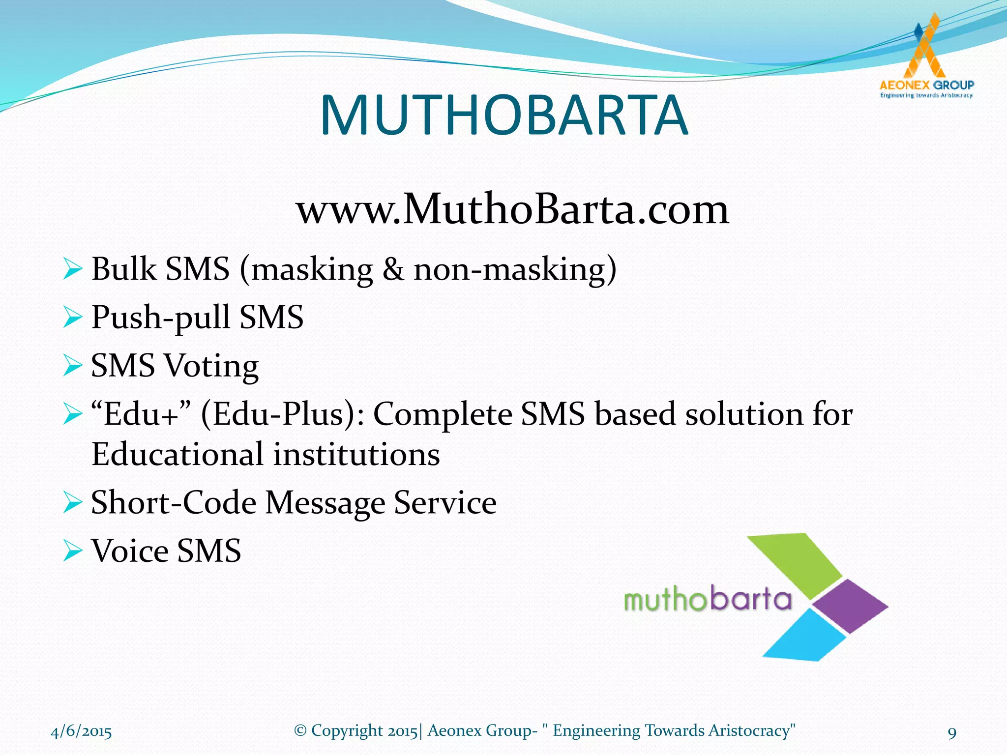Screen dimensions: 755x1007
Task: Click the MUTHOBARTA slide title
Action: [503, 116]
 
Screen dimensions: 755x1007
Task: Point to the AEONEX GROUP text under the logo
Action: [926, 85]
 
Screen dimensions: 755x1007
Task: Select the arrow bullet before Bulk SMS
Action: [72, 270]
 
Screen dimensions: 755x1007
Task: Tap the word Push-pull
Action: [161, 318]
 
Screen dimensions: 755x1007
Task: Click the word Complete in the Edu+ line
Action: [443, 414]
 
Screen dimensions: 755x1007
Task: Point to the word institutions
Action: [356, 454]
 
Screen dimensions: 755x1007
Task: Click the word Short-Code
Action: [173, 502]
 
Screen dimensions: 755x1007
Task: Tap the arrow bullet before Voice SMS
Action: [72, 551]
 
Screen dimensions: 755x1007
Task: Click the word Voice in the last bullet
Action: [130, 551]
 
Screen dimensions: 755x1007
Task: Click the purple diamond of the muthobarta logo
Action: [850, 606]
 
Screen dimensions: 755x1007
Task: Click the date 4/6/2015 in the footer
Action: [81, 731]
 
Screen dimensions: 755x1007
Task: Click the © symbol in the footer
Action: [300, 730]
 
